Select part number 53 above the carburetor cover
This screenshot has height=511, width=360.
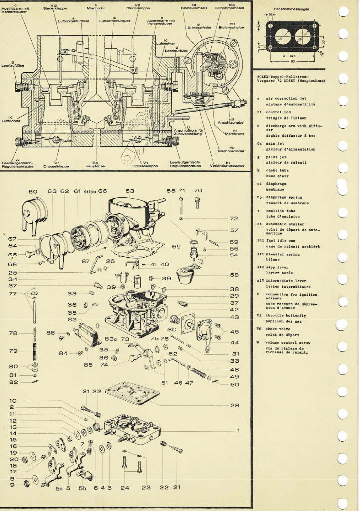[x=130, y=191]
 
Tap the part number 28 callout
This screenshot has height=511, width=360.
[x=235, y=405]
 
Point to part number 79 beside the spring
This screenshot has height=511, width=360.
[x=13, y=350]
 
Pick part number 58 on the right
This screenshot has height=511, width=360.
[x=234, y=275]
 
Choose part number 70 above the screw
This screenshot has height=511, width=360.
[x=198, y=190]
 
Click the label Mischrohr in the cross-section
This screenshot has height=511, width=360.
[x=95, y=9]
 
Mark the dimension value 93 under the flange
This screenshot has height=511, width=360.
[x=293, y=61]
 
